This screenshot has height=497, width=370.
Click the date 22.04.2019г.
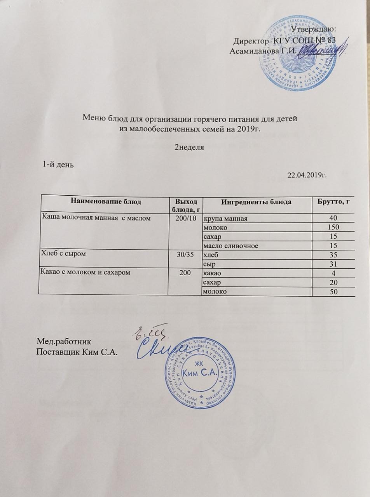(307, 176)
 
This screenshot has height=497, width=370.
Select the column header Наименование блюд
(105, 201)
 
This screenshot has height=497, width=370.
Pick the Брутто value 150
(333, 227)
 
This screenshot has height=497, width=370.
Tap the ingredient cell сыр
(208, 264)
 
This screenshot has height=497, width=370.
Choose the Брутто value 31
(333, 264)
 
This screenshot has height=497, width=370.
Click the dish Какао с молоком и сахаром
(85, 272)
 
